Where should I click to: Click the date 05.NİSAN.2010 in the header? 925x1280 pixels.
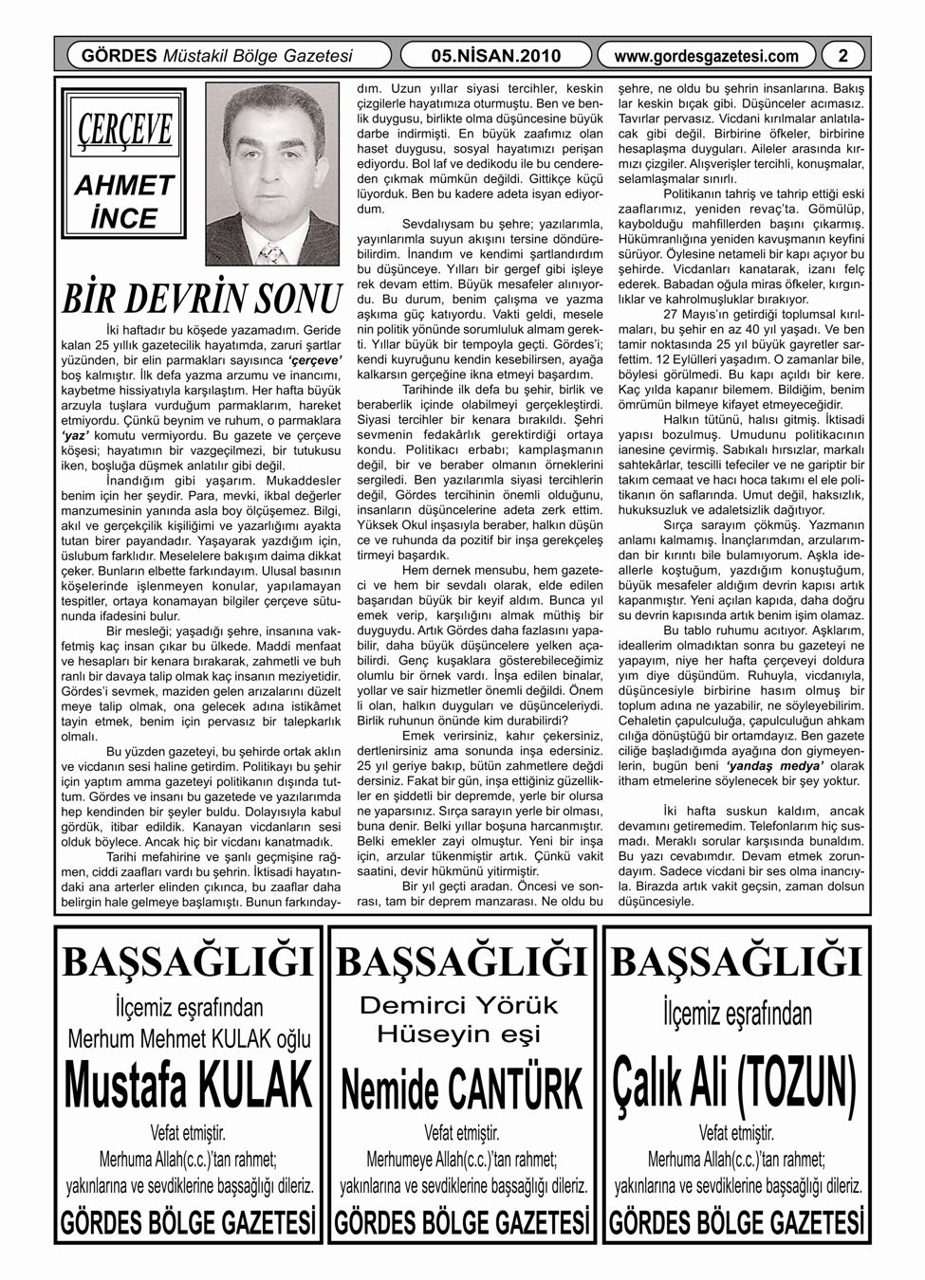coord(495,56)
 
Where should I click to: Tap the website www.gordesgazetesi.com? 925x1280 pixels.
coord(707,56)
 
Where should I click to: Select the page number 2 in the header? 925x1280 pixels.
coord(842,56)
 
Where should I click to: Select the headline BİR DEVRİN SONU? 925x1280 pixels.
coord(200,297)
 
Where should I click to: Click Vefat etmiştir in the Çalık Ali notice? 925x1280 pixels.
coord(736,1132)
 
